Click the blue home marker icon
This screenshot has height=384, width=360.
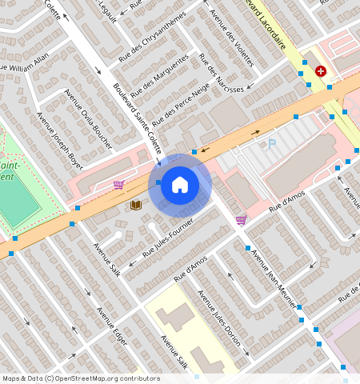pos(180,185)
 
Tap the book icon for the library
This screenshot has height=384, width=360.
pos(136,206)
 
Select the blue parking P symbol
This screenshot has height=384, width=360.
pos(271,144)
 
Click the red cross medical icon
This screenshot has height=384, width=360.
pos(321,71)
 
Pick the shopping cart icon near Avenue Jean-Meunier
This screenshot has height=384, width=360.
pos(241,220)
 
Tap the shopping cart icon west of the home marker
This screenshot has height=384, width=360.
pos(118,185)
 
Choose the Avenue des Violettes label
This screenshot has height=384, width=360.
pos(231,37)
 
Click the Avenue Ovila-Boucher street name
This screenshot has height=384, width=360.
pos(89,117)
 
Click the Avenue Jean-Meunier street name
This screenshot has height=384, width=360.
pos(274,278)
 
